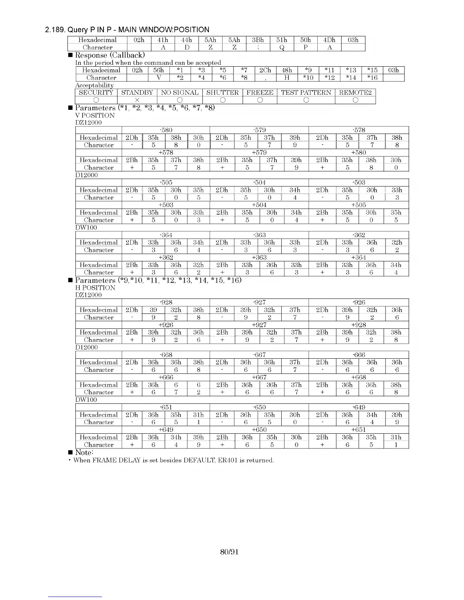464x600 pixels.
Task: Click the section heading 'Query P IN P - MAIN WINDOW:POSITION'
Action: pos(127,30)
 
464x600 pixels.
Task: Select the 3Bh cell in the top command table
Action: pos(258,40)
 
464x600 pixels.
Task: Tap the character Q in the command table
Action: pos(282,47)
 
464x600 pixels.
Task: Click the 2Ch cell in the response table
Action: pos(265,70)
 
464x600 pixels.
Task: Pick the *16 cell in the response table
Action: pos(372,78)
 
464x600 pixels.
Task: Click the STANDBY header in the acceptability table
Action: pos(137,92)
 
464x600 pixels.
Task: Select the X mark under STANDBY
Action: pos(137,100)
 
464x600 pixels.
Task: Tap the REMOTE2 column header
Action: pos(355,92)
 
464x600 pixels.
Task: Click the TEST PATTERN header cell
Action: pos(306,92)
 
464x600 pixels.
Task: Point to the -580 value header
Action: pos(166,130)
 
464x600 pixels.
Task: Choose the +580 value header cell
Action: pos(359,152)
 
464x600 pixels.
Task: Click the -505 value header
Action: pos(166,182)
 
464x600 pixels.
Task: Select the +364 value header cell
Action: pos(359,257)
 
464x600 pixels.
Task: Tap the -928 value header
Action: pos(166,302)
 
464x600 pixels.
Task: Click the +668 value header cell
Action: pos(359,377)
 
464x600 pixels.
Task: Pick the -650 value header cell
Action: pos(259,407)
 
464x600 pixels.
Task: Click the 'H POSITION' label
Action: pos(95,287)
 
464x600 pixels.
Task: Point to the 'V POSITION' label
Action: pos(95,115)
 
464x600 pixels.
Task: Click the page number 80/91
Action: pos(229,552)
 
